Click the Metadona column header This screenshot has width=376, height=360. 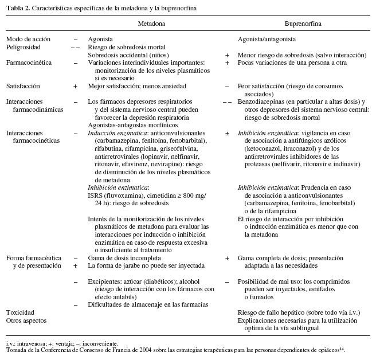(x=152, y=25)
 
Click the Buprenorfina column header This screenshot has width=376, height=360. (x=303, y=25)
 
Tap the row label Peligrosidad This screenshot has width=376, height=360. (x=23, y=46)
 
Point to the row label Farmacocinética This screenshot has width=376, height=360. (x=28, y=61)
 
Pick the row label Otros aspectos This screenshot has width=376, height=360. (x=26, y=320)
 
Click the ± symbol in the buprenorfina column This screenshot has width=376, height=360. (x=227, y=132)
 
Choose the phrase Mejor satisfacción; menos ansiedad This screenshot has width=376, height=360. (x=134, y=85)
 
